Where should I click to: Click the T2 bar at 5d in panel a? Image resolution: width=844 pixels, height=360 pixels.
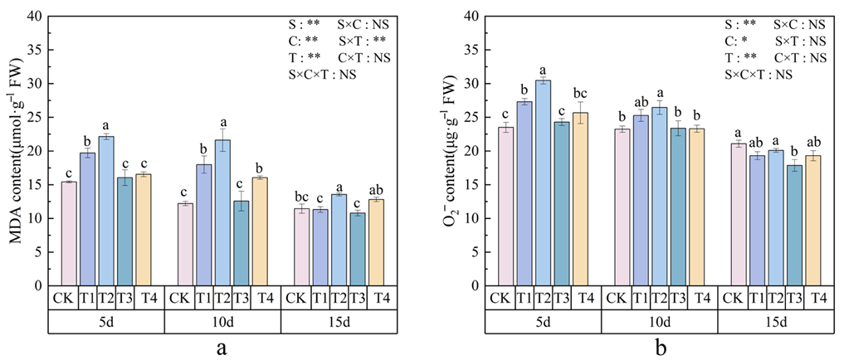pos(105,212)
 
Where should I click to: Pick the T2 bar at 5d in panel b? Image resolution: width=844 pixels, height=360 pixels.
pos(543,183)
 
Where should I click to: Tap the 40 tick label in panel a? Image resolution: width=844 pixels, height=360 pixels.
pos(36,16)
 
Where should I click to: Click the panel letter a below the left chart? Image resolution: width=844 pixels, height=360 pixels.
pos(222,348)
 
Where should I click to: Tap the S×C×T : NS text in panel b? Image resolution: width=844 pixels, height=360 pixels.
pos(759,75)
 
